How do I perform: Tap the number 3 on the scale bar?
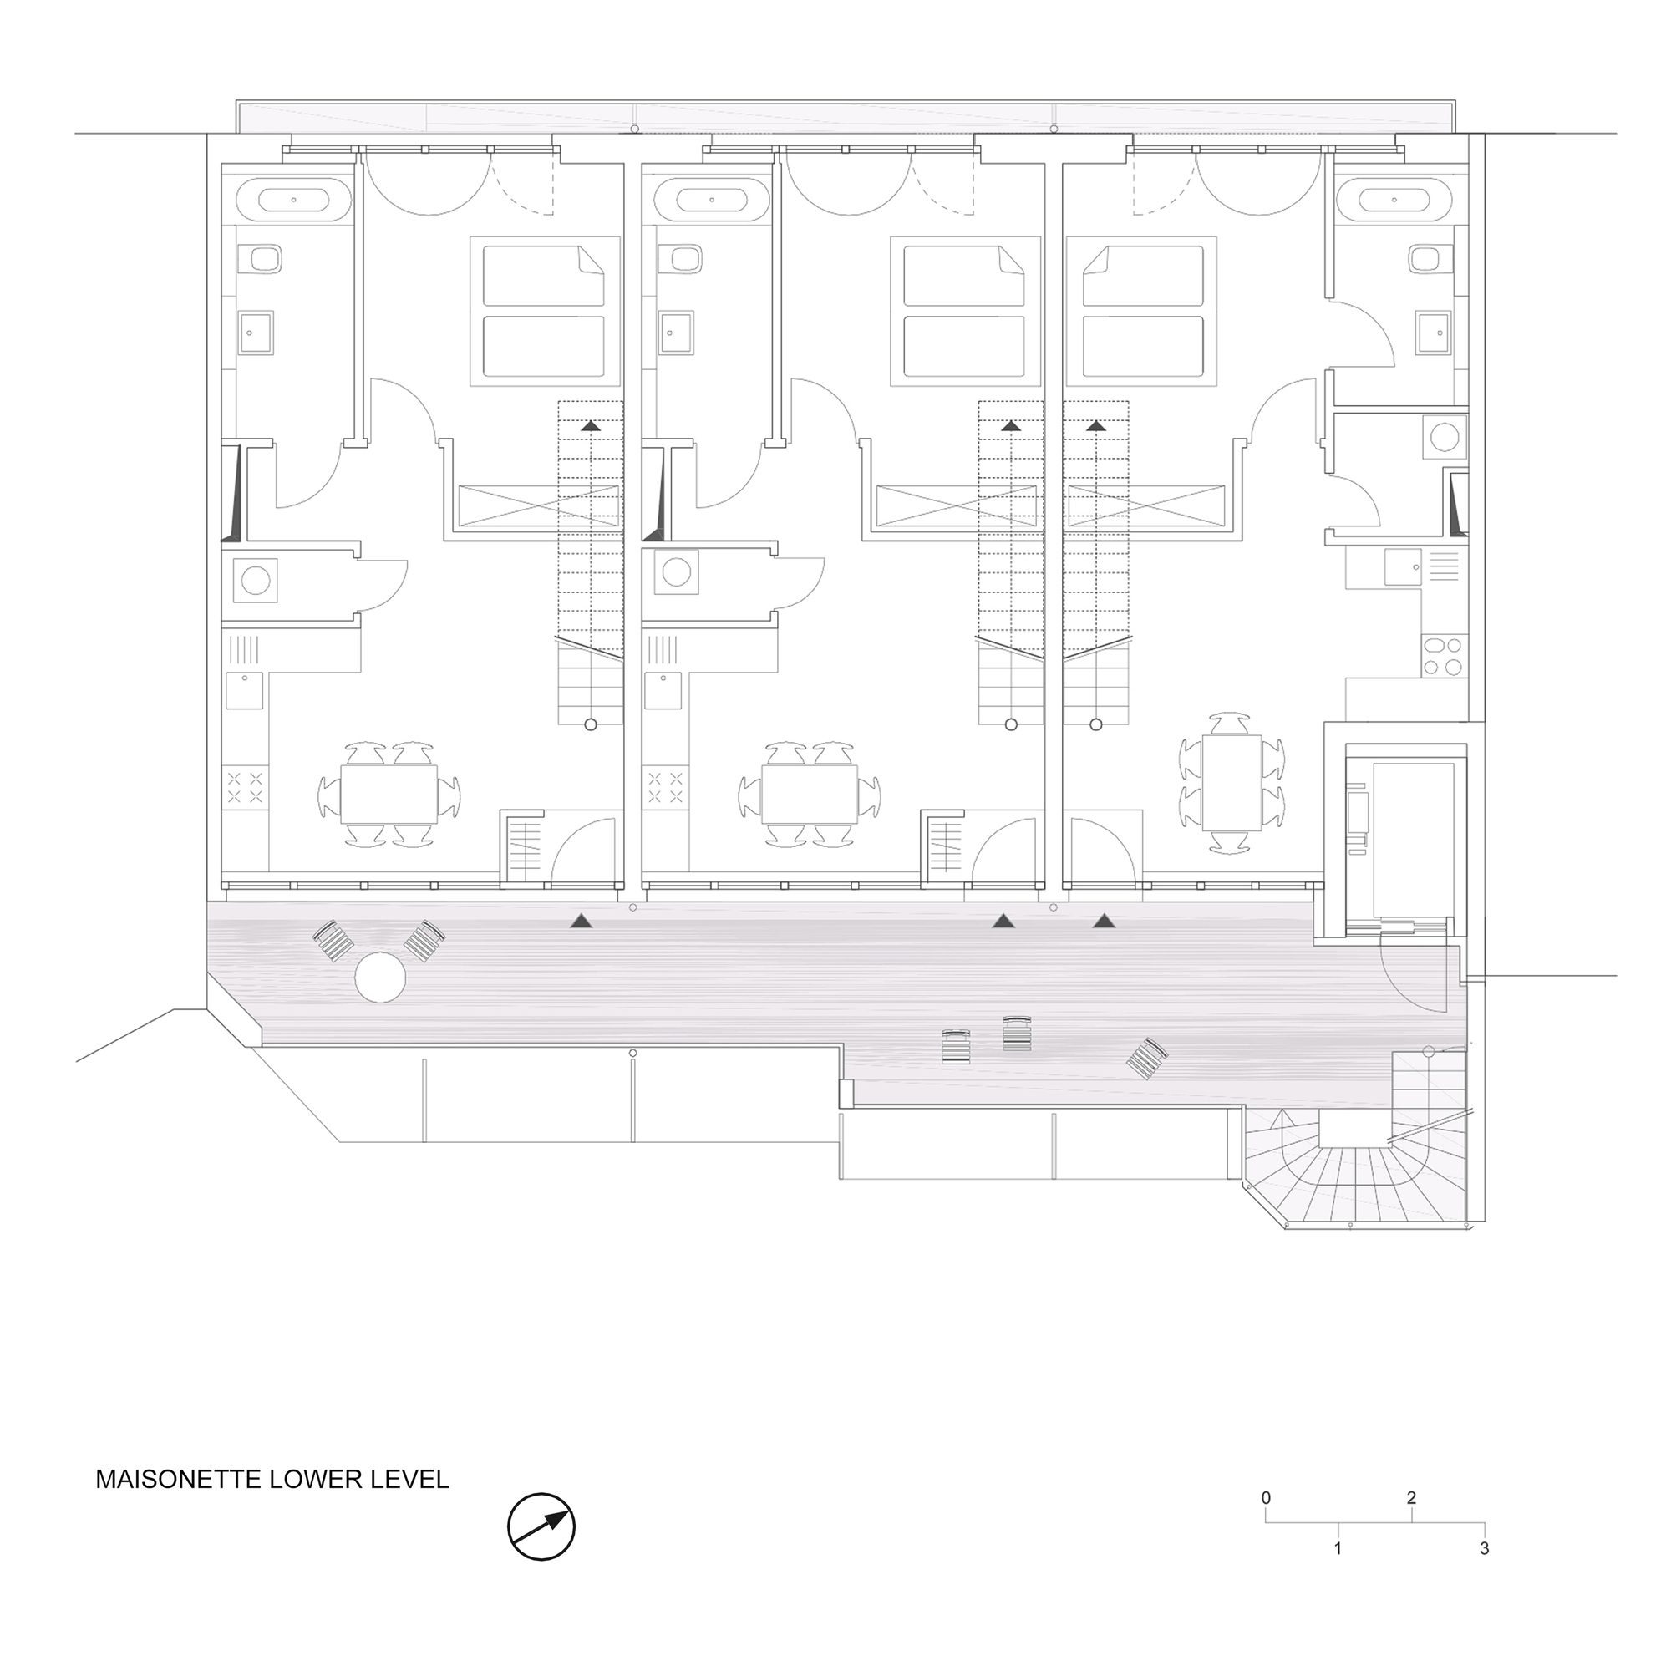coord(1484,1548)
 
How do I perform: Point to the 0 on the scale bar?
coord(1267,1497)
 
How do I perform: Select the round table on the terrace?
coord(380,978)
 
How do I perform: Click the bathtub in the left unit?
coord(294,200)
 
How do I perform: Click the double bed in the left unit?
coord(545,312)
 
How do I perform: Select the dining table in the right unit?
coord(1232,784)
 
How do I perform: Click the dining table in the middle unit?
coord(810,793)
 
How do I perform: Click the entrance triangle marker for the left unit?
coord(583,922)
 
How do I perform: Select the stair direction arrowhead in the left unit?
coord(591,425)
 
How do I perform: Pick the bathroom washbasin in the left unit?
coord(256,333)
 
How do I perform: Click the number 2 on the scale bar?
coord(1412,1497)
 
